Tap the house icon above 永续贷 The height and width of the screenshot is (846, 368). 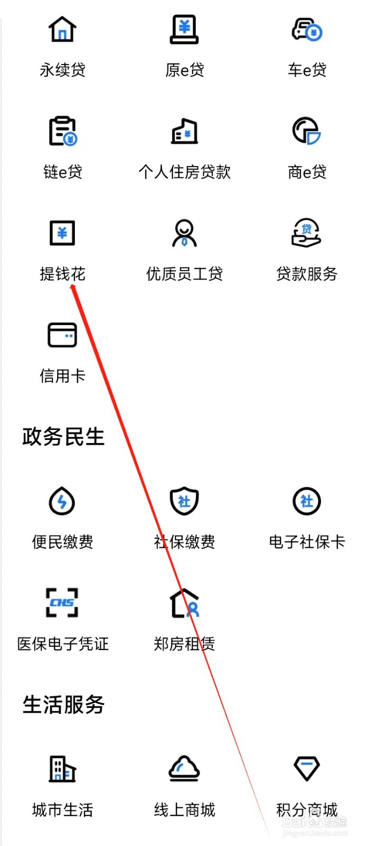62,29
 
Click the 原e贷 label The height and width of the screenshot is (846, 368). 184,70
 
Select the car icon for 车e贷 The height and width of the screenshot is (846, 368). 307,29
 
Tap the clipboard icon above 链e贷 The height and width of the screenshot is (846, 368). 62,131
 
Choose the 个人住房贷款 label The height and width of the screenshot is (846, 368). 184,172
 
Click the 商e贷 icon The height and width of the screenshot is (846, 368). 307,131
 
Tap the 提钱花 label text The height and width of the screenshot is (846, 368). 62,274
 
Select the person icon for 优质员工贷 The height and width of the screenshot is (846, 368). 184,233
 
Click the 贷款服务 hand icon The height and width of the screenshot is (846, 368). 307,233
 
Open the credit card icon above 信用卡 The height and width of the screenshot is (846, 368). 62,335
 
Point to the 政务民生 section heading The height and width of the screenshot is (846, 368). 63,437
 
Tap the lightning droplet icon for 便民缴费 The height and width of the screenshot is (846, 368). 62,501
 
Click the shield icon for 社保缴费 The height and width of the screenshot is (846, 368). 184,501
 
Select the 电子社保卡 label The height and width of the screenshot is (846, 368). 307,542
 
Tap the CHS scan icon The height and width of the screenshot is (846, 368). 62,603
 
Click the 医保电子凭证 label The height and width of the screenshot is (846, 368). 63,644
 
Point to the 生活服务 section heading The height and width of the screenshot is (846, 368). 63,705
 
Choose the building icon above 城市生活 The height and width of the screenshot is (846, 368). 62,769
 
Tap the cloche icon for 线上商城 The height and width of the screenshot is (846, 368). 184,769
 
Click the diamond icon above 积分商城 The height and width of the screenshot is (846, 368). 307,769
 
